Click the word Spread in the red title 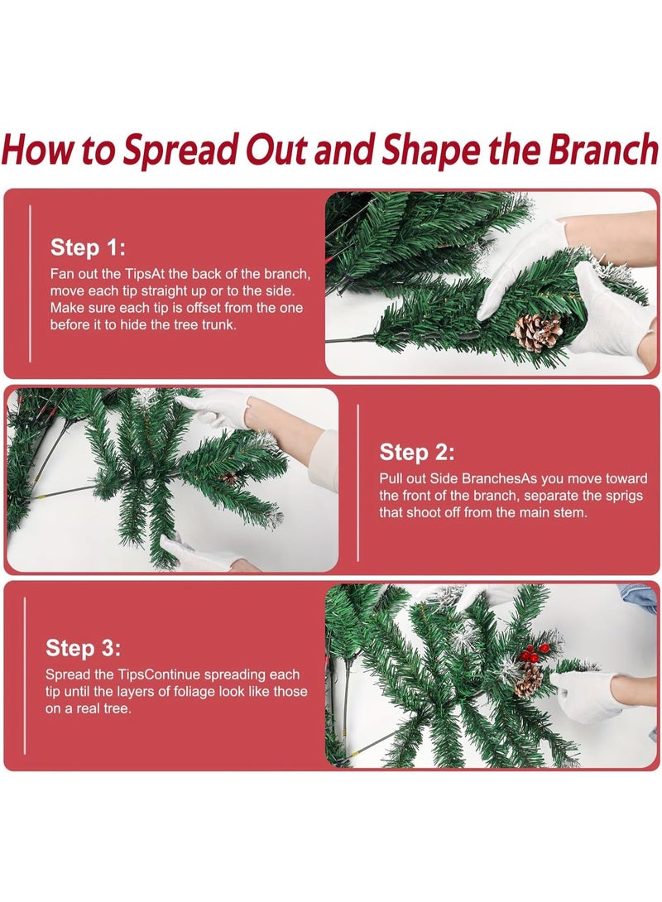(180, 150)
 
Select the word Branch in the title (602, 148)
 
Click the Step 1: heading (88, 247)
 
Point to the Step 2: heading (417, 452)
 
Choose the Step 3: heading (84, 648)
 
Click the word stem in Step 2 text (570, 512)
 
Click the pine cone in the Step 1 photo (536, 332)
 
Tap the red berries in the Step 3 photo (531, 653)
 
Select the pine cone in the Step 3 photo (529, 679)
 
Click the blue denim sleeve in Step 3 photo (640, 598)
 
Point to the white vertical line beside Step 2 (357, 482)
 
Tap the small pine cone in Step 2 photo (230, 477)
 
